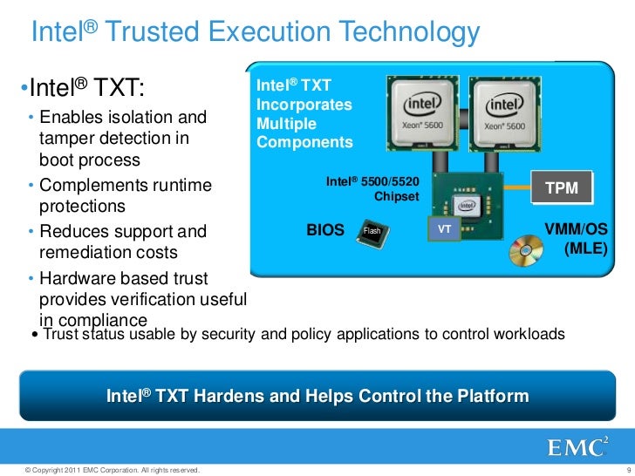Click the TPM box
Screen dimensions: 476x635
pos(567,187)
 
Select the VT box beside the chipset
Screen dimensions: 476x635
pos(443,229)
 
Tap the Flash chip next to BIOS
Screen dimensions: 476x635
pos(373,231)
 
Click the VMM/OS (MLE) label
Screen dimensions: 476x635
pos(576,239)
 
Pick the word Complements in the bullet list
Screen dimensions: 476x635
pos(96,186)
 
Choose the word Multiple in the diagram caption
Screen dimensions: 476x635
pos(281,124)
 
